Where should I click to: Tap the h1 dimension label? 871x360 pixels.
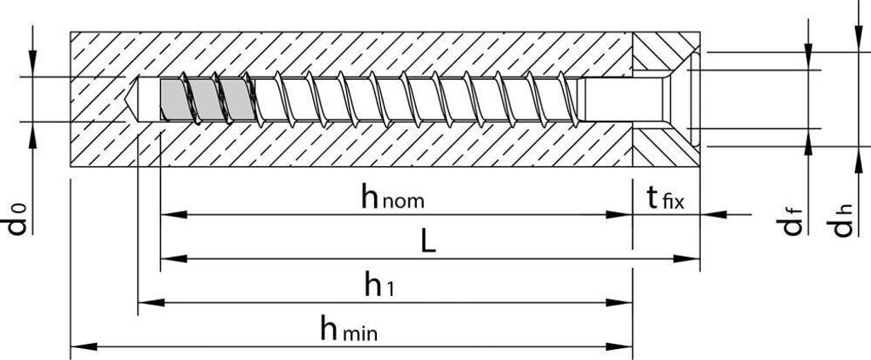tap(379, 285)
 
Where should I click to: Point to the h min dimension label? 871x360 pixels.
tap(350, 329)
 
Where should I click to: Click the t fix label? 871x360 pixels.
tap(665, 199)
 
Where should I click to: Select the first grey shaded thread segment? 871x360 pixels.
tap(173, 98)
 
